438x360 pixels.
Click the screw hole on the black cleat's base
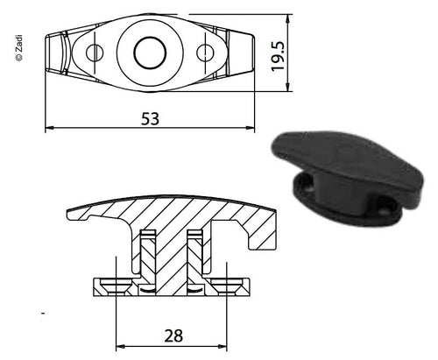pos(383,208)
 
